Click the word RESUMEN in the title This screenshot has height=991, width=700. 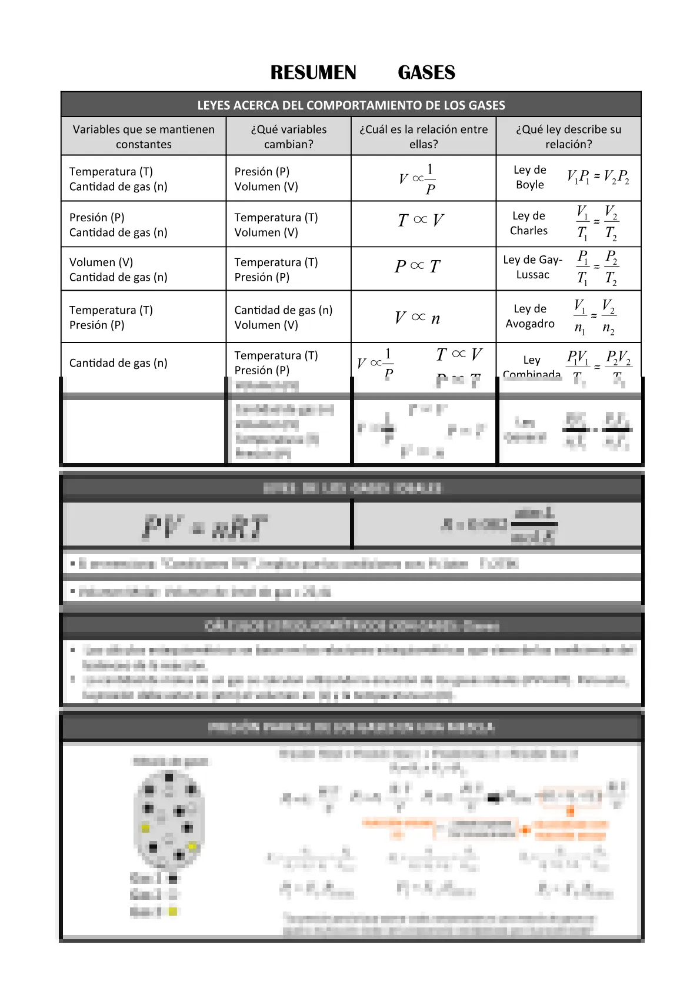313,72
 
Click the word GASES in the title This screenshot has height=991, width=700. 426,72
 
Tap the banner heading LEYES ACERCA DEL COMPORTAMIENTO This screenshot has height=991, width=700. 351,105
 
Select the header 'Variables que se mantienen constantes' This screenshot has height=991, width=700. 144,137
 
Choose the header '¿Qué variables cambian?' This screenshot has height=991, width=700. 288,137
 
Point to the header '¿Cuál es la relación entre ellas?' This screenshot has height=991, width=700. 424,137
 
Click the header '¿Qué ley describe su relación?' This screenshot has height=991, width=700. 568,137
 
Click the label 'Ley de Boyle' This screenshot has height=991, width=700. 529,177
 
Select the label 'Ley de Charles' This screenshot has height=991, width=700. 528,223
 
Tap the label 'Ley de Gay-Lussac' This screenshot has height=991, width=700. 532,267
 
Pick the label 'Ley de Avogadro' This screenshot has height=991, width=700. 529,316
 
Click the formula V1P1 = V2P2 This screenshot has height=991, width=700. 598,177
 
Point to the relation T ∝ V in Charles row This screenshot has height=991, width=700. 421,221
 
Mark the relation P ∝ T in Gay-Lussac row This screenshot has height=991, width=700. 418,267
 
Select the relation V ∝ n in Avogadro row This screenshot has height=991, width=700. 418,318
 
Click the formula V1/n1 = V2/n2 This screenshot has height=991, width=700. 594,317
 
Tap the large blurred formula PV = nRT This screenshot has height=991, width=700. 205,527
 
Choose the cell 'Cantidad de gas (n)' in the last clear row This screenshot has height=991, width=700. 118,363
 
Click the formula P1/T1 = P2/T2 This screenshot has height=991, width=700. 596,268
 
